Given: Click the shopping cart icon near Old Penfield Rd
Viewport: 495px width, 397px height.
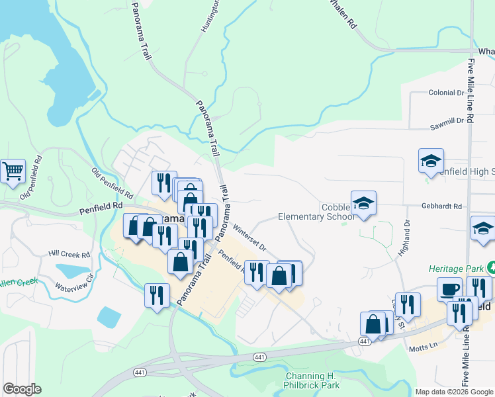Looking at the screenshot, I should click(13, 171).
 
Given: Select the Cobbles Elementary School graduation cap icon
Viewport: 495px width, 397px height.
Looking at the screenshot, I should click(363, 203).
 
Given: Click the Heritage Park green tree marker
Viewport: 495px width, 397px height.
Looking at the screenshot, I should click(491, 267).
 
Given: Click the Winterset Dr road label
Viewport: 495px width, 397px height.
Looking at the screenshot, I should click(249, 238).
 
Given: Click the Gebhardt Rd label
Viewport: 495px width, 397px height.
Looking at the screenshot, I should click(441, 206).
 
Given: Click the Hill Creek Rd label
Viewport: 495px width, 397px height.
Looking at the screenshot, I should click(69, 254).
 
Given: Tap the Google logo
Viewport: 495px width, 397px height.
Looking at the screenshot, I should click(22, 389).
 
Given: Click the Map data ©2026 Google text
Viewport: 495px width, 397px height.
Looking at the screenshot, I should click(454, 392).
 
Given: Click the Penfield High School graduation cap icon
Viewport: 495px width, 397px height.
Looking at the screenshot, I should click(431, 161).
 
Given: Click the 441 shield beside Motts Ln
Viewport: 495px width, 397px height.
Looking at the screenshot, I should click(365, 341).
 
